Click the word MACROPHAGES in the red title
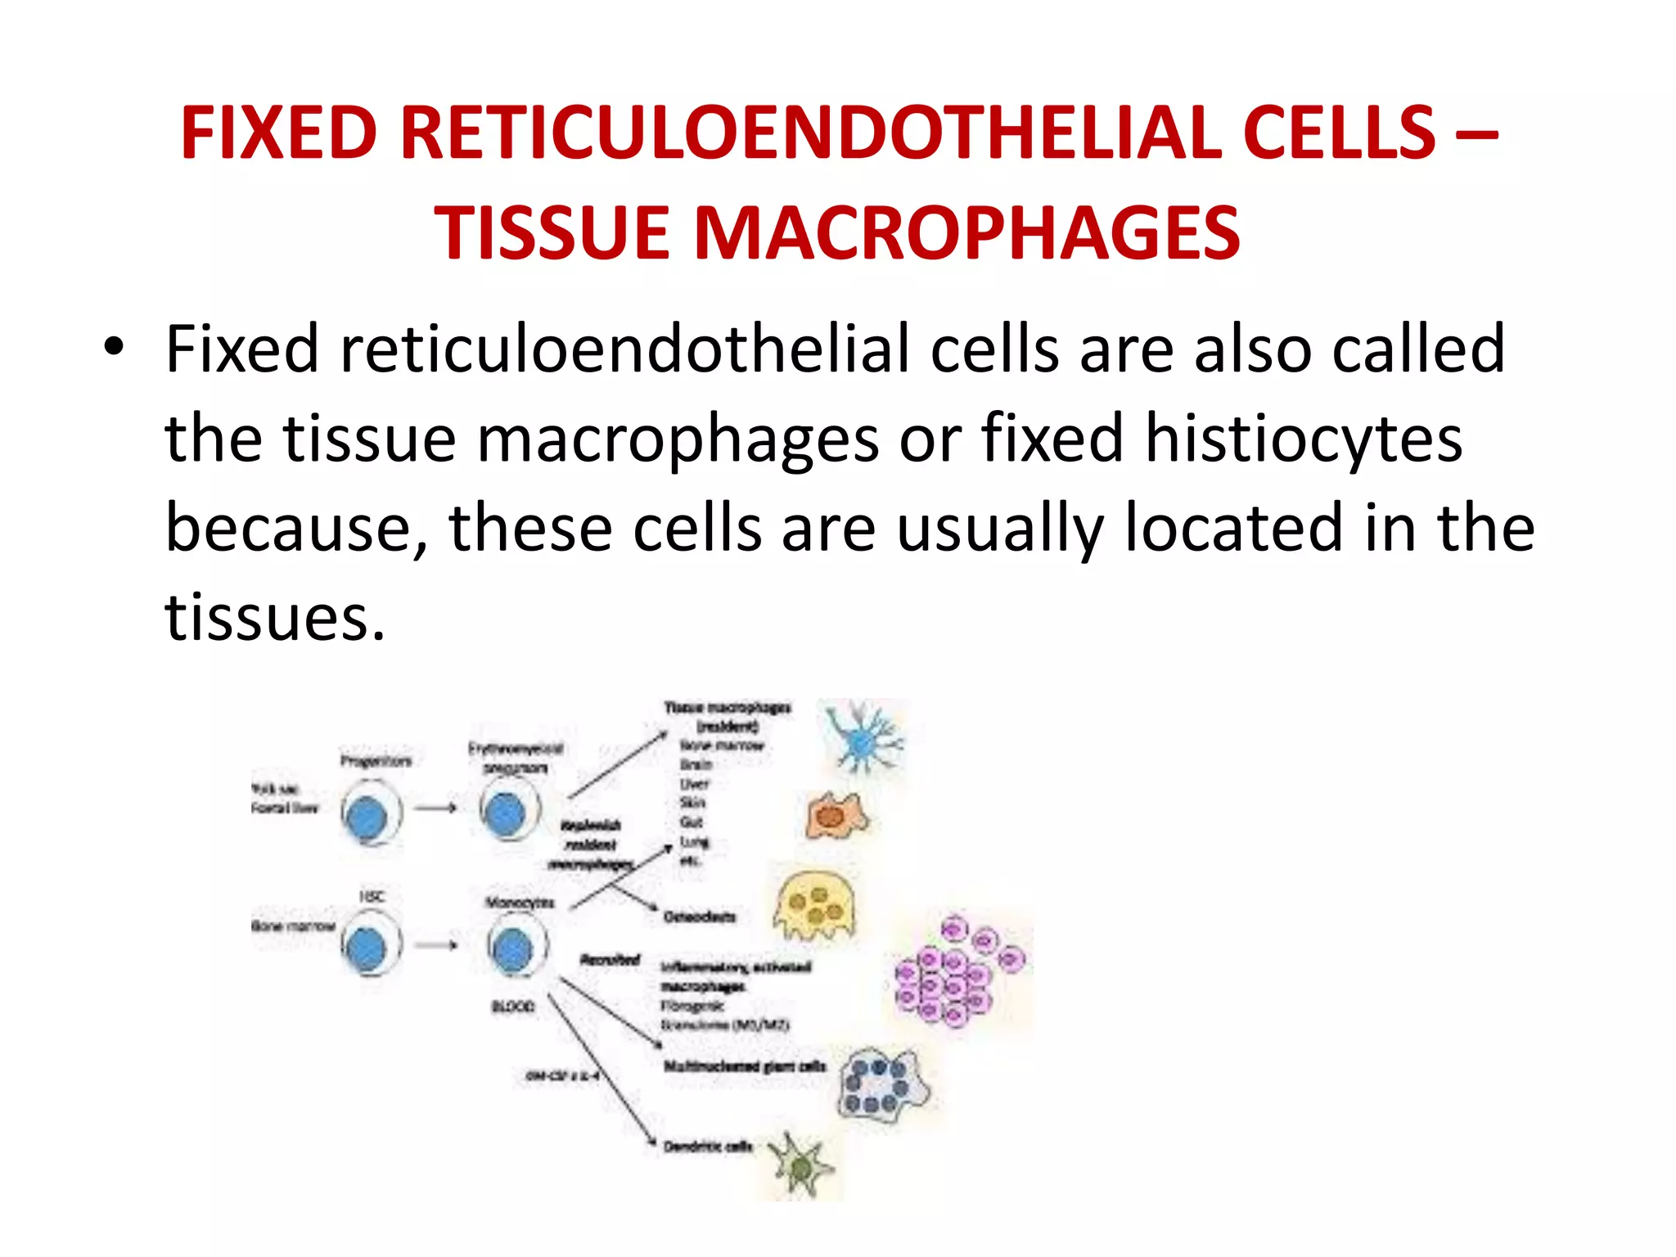click(966, 234)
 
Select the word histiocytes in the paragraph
click(1303, 439)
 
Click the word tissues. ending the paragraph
click(274, 618)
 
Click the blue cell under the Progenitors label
click(367, 817)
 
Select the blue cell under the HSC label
click(367, 947)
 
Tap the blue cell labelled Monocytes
click(514, 947)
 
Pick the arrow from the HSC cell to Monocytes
click(435, 945)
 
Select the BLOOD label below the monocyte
click(513, 1006)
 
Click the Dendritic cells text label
click(706, 1147)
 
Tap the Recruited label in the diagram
click(609, 959)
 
